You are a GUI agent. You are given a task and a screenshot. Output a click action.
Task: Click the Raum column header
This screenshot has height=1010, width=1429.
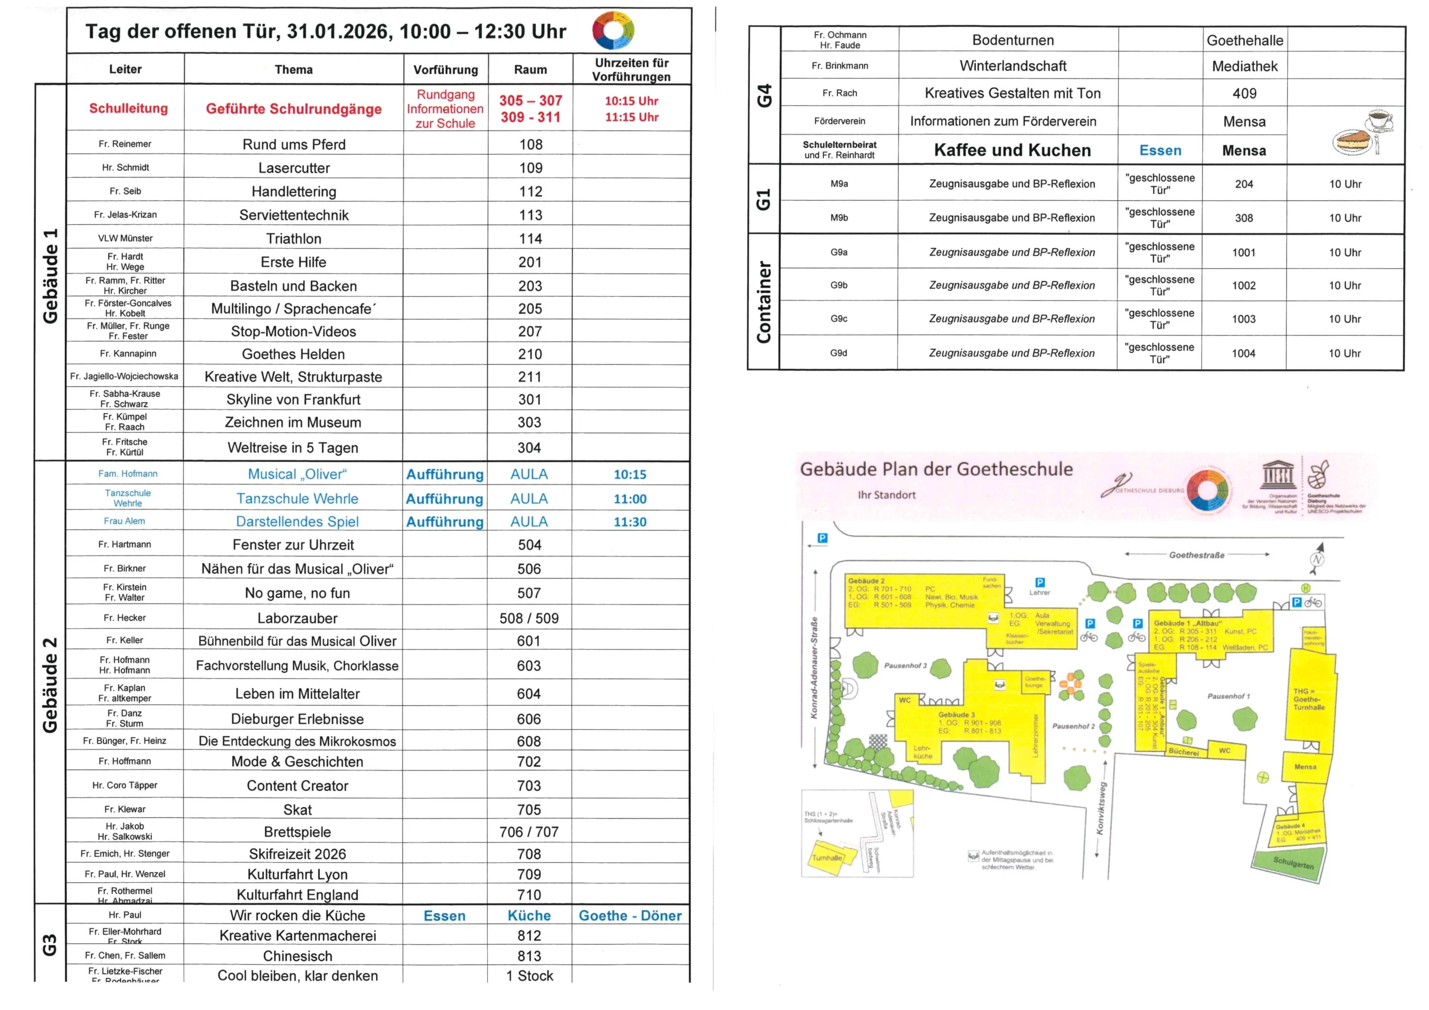coord(530,70)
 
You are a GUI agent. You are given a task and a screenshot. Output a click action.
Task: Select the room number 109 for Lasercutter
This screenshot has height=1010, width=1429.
coord(531,168)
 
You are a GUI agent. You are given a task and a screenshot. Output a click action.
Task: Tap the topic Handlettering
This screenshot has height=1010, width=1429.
coord(294,191)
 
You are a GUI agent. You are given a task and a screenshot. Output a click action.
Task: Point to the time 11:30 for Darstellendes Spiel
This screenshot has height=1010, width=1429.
coord(630,522)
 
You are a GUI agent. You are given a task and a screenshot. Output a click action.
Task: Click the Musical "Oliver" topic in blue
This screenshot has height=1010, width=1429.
coord(298,474)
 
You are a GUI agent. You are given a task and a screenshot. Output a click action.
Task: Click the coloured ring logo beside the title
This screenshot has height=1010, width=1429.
coord(613,30)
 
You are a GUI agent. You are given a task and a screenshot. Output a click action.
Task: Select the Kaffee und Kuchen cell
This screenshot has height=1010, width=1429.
coord(1012,151)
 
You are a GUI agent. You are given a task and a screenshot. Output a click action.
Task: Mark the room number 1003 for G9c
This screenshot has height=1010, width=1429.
coord(1244,319)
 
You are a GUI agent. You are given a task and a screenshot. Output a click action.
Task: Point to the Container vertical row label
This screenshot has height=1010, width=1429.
coord(764,302)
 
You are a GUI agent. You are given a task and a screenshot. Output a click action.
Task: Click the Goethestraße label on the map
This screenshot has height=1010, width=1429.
coord(1196,555)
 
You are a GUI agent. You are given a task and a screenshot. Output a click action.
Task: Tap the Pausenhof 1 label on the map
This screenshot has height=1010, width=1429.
coord(1228,696)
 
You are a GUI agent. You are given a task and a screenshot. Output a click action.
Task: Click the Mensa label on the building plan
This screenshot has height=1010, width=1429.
coord(1305,767)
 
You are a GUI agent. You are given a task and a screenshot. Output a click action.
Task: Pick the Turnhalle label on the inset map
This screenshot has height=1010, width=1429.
coord(827,858)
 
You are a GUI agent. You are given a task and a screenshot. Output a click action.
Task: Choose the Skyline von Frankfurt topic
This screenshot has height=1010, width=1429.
coord(293,400)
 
